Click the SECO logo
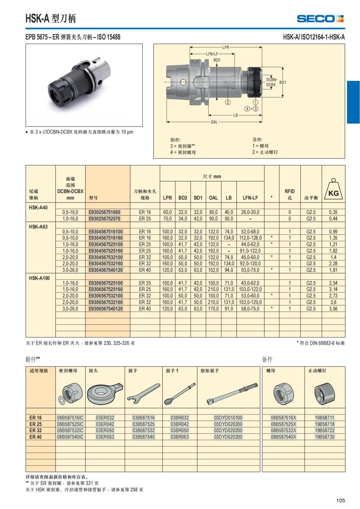(320, 19)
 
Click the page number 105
(340, 500)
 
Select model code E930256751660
(104, 212)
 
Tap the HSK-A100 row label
(39, 278)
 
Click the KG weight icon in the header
(333, 190)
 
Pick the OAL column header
(213, 198)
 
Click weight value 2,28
(333, 264)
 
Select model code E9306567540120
(106, 309)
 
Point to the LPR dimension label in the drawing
(226, 47)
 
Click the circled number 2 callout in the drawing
(228, 102)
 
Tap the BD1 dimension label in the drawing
(283, 82)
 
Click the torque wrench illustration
(232, 394)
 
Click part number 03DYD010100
(228, 418)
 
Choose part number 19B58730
(324, 437)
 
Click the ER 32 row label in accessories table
(35, 430)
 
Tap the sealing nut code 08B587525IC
(70, 424)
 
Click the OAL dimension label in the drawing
(214, 122)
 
